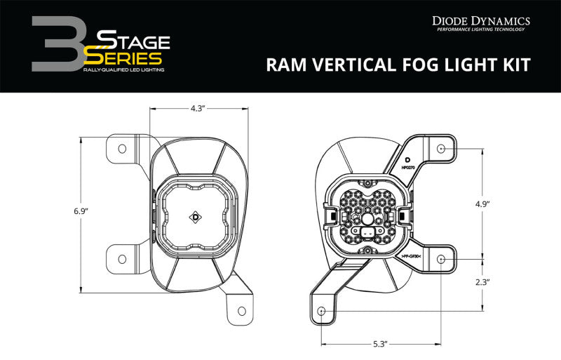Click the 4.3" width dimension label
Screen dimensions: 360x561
coord(198,109)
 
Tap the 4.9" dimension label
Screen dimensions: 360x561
coord(482,204)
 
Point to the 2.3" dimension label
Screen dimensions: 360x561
coord(482,282)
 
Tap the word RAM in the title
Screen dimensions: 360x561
coord(288,65)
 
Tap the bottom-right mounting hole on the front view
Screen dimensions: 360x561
coord(241,310)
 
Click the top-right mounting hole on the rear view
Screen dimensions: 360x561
coord(440,149)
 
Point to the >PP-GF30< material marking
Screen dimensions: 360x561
coord(410,257)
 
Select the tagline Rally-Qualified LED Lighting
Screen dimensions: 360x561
coord(125,71)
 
